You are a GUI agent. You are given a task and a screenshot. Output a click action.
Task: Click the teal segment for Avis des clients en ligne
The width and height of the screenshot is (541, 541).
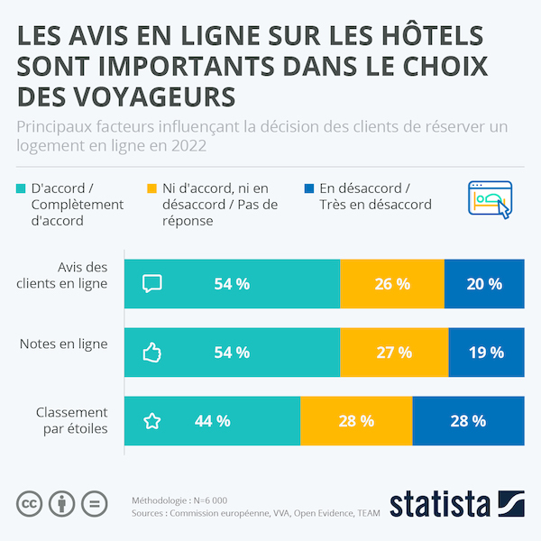coord(232,284)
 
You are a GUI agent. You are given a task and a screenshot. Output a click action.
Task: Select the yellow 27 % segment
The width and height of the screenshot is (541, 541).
coord(394,353)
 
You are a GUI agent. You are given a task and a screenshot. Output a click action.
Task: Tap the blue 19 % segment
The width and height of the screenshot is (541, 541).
coord(486,353)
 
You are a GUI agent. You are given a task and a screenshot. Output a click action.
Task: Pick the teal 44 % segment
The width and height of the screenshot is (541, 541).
coord(212,421)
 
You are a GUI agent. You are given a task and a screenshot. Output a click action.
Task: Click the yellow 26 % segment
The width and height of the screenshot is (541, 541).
coord(392,284)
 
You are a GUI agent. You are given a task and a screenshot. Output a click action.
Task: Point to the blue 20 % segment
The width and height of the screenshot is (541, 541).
coord(484,284)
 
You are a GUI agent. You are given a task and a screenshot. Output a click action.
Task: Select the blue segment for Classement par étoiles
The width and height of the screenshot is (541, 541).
coord(468,421)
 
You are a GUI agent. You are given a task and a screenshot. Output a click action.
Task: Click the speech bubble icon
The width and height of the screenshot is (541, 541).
coord(152,284)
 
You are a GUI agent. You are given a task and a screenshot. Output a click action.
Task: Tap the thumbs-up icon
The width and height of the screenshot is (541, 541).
coord(152,353)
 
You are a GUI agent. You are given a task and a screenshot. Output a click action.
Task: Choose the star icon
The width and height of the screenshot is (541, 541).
coord(152,421)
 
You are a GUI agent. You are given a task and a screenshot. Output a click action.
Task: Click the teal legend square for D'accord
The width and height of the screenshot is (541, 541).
coord(22,188)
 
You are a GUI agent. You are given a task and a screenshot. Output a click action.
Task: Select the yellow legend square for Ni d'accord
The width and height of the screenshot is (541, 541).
coord(152,188)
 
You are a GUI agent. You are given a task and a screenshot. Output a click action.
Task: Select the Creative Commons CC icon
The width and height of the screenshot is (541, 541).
coord(31,503)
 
